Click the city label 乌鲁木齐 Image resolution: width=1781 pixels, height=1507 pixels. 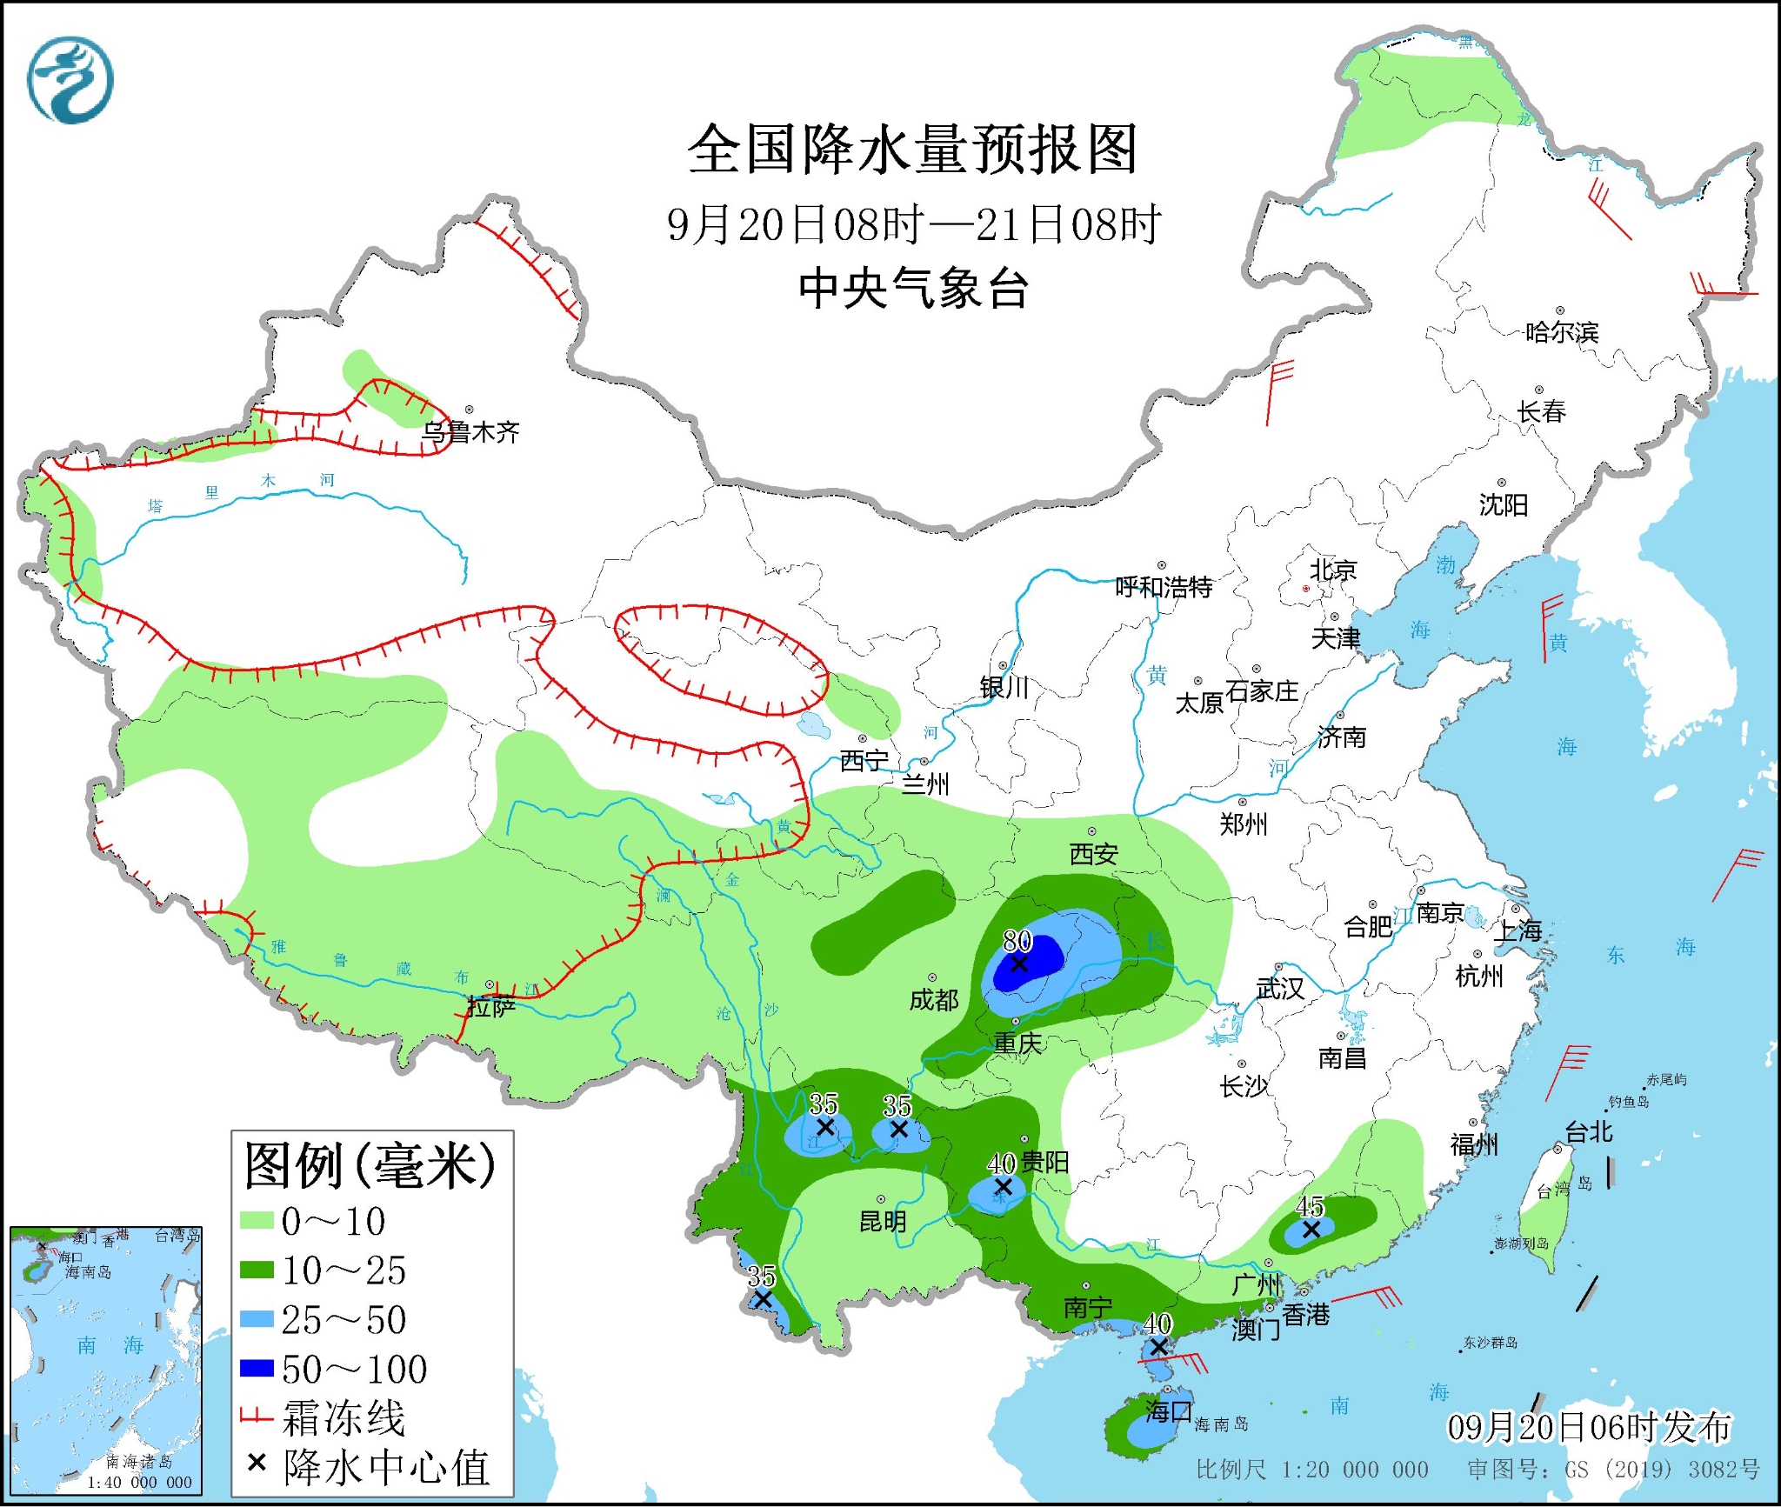tap(470, 431)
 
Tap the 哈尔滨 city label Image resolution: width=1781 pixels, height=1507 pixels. tap(1562, 332)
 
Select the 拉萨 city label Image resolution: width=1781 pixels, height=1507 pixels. tap(491, 1007)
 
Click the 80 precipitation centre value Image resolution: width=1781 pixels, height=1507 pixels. tap(1017, 940)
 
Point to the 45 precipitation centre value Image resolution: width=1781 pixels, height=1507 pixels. tap(1310, 1206)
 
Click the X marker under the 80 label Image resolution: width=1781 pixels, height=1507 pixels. tap(1018, 964)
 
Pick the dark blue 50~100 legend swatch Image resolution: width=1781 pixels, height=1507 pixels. tap(257, 1369)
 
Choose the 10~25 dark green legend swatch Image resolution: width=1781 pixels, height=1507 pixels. tap(257, 1270)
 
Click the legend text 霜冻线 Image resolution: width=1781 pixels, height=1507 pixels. tap(344, 1418)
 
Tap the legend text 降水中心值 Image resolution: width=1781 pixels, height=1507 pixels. tap(386, 1468)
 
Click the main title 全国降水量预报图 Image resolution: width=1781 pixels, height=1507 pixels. tap(912, 150)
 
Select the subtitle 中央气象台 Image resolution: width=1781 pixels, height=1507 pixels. tap(913, 289)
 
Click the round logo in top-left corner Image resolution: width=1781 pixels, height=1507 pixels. tap(70, 80)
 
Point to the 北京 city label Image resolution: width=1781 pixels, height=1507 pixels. tap(1333, 570)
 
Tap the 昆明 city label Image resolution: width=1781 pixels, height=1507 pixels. tap(883, 1222)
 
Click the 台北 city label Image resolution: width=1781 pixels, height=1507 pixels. tap(1589, 1131)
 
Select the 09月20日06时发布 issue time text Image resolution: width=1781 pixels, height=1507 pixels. tap(1589, 1426)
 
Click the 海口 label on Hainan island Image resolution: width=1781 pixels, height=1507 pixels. tap(1167, 1410)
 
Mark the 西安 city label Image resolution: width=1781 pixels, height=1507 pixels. tap(1093, 854)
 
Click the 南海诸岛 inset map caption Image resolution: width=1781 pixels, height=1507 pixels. tap(139, 1462)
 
